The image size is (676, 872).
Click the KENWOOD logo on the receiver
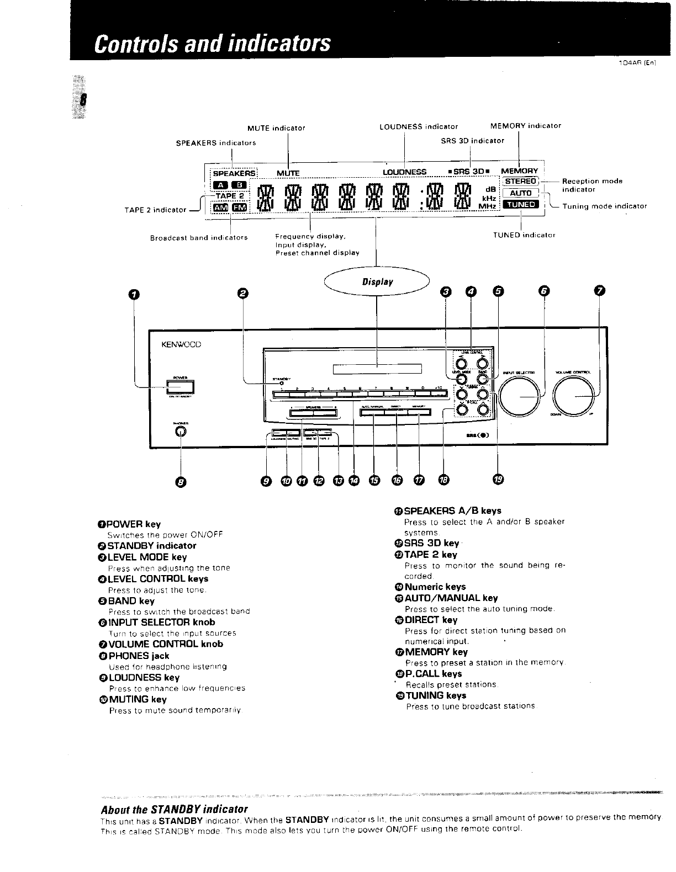181,344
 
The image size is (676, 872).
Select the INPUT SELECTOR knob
519,397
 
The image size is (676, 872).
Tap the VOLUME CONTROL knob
576,397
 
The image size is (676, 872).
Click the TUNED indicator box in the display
521,204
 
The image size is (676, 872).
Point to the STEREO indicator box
521,181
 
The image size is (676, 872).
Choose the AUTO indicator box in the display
520,193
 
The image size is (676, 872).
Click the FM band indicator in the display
239,208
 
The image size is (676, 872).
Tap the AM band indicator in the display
220,208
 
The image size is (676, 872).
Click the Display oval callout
377,282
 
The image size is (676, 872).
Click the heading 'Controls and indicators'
212,42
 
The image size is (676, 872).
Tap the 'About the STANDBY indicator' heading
174,809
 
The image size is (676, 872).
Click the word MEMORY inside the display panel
519,171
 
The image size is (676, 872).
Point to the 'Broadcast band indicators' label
199,238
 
